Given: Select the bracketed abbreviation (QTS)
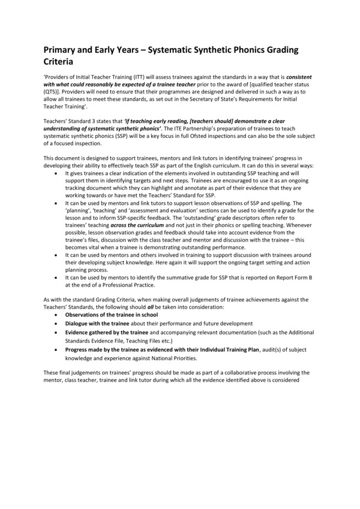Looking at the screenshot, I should [53, 94].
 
